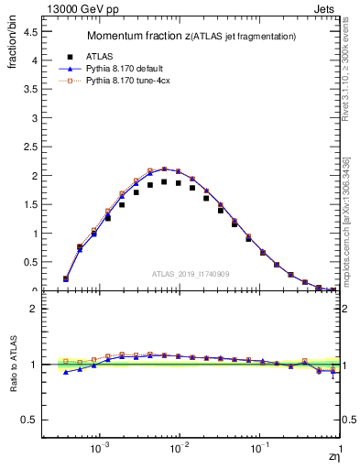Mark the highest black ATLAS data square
164,181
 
